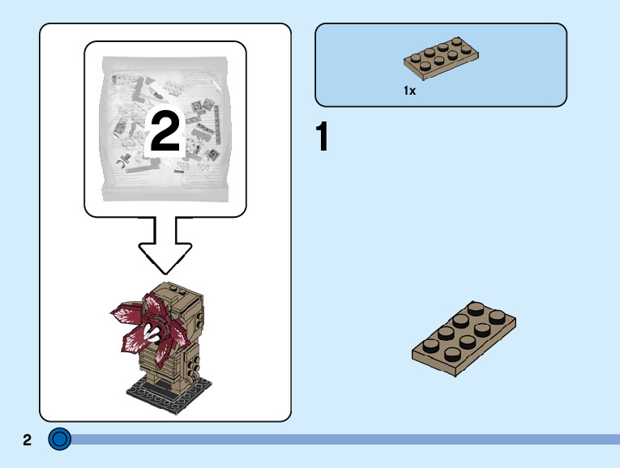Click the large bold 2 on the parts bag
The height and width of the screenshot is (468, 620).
coord(165,132)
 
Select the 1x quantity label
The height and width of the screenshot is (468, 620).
coord(409,91)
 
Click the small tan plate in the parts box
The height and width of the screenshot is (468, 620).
coord(441,62)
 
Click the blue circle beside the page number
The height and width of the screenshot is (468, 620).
coord(60,440)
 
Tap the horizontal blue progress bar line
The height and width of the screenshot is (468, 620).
coord(340,439)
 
